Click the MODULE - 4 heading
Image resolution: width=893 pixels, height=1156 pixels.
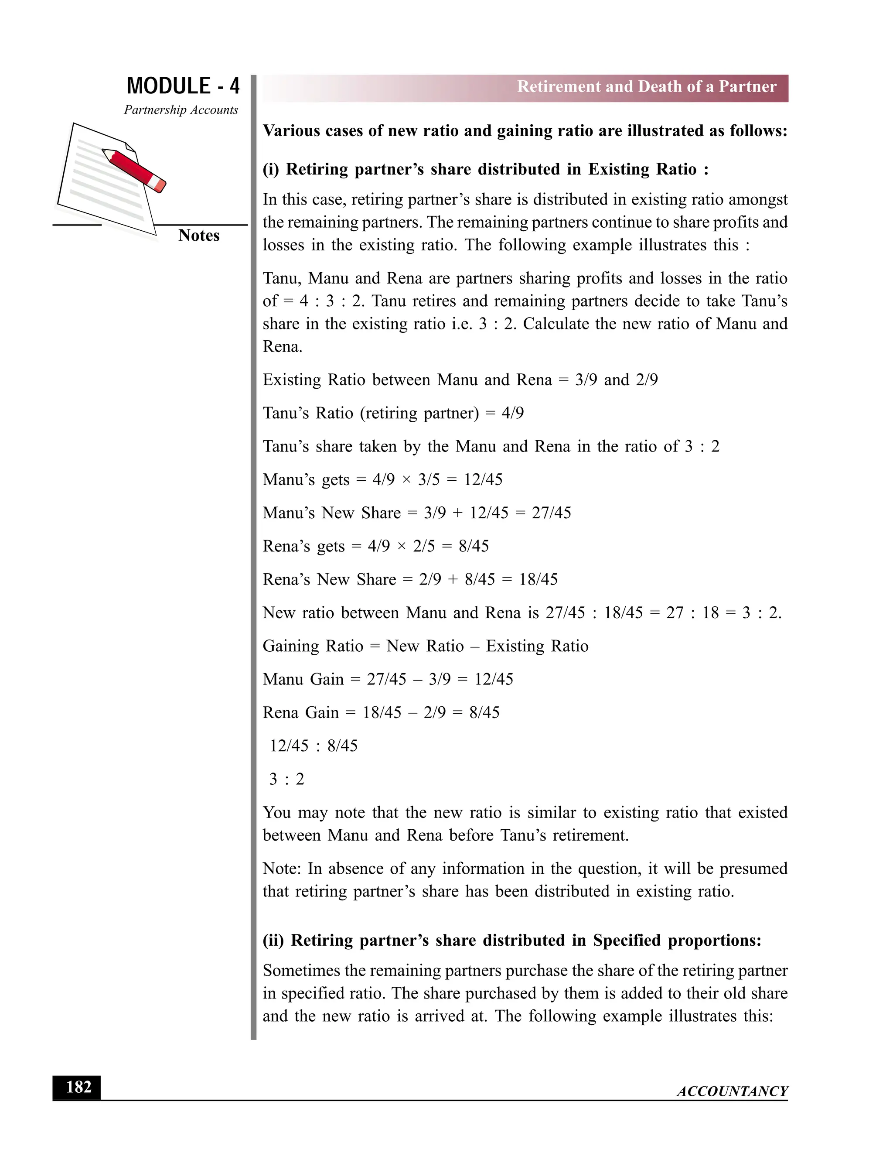coord(183,86)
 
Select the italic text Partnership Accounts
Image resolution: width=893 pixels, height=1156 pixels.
coord(181,110)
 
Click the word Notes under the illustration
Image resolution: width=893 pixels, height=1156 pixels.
coord(198,236)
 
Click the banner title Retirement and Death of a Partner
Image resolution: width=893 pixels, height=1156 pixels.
coord(647,87)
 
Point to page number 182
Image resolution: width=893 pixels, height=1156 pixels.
coord(78,1087)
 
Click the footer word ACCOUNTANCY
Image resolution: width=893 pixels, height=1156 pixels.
coord(732,1091)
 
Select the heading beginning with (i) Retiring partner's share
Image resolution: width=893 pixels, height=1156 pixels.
coord(485,169)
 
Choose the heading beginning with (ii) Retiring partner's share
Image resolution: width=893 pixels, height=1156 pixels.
coord(511,940)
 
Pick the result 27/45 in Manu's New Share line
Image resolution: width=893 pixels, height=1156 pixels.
coord(551,513)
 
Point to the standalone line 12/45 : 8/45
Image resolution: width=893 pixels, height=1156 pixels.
coord(313,746)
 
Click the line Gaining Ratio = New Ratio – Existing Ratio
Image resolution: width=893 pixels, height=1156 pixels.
coord(425,646)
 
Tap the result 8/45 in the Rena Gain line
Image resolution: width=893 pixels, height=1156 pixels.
coord(484,713)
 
